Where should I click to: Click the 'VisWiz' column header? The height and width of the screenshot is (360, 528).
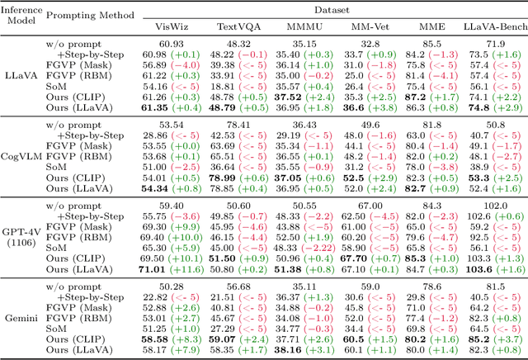(171, 25)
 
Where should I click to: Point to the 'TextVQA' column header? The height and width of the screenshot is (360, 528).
(234, 25)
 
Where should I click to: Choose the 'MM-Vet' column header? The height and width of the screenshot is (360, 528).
(365, 25)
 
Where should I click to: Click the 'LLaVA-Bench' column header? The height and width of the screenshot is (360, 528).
(489, 25)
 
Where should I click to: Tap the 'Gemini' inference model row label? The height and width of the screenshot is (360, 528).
(21, 316)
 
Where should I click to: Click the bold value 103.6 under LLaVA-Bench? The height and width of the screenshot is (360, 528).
(479, 268)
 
